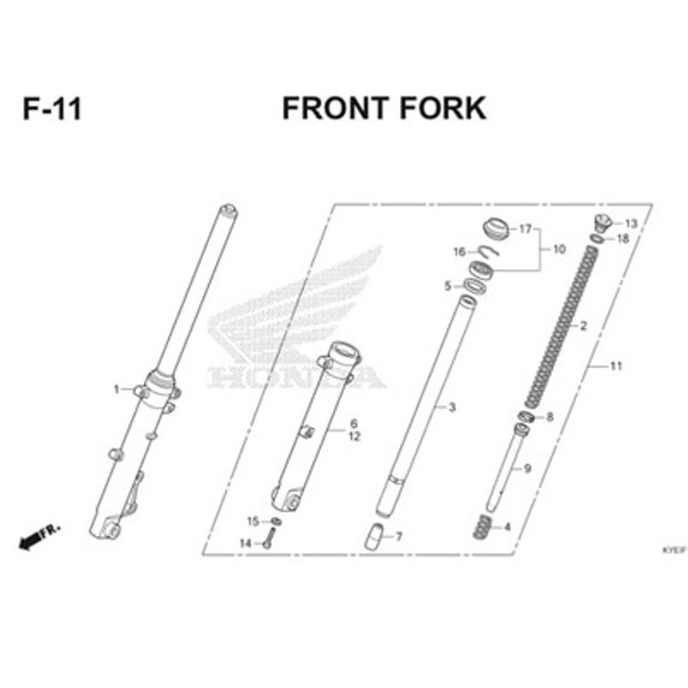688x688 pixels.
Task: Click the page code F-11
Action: pos(52,109)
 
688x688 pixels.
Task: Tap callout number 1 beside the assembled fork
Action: pos(117,389)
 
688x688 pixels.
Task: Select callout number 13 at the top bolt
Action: pos(631,224)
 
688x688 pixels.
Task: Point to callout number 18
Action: pos(623,239)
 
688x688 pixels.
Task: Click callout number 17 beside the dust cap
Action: pos(526,228)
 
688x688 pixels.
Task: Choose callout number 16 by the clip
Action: pos(459,251)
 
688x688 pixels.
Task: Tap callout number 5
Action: pos(448,286)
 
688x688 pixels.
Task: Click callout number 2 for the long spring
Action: pos(580,326)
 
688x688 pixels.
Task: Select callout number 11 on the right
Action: pos(616,366)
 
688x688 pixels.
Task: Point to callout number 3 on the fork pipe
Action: pos(451,405)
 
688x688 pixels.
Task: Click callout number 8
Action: pos(549,417)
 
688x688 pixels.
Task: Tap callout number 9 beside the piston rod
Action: pos(527,469)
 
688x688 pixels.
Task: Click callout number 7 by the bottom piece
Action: pos(398,536)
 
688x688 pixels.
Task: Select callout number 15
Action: pos(253,521)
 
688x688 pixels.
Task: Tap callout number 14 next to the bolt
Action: pos(245,543)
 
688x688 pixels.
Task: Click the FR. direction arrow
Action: pos(38,538)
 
